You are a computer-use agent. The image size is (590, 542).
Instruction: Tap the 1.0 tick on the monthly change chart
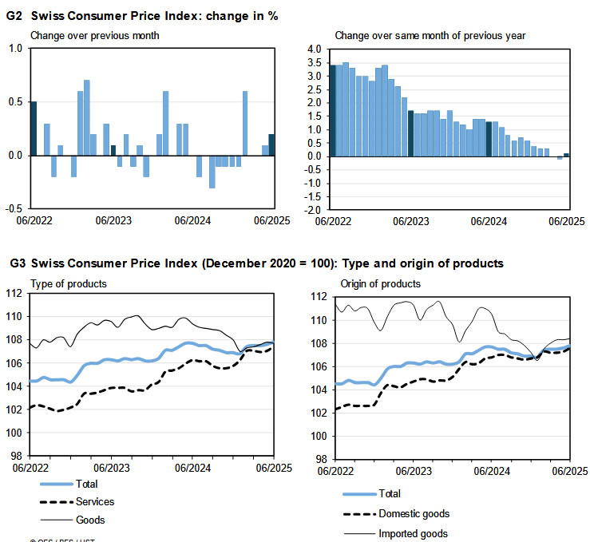pyautogui.click(x=16, y=49)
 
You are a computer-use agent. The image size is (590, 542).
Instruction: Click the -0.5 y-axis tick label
pyautogui.click(x=14, y=208)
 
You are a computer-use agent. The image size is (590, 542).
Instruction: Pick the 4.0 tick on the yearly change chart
pyautogui.click(x=314, y=49)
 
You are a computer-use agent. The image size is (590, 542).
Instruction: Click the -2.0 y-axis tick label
pyautogui.click(x=312, y=209)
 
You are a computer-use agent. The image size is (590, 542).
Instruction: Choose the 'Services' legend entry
pyautogui.click(x=95, y=501)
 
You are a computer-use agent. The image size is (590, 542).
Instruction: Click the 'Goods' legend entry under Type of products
pyautogui.click(x=90, y=520)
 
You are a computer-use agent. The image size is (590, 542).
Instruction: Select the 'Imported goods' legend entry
pyautogui.click(x=413, y=533)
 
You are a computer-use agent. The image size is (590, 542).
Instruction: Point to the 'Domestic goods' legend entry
pyautogui.click(x=414, y=514)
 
